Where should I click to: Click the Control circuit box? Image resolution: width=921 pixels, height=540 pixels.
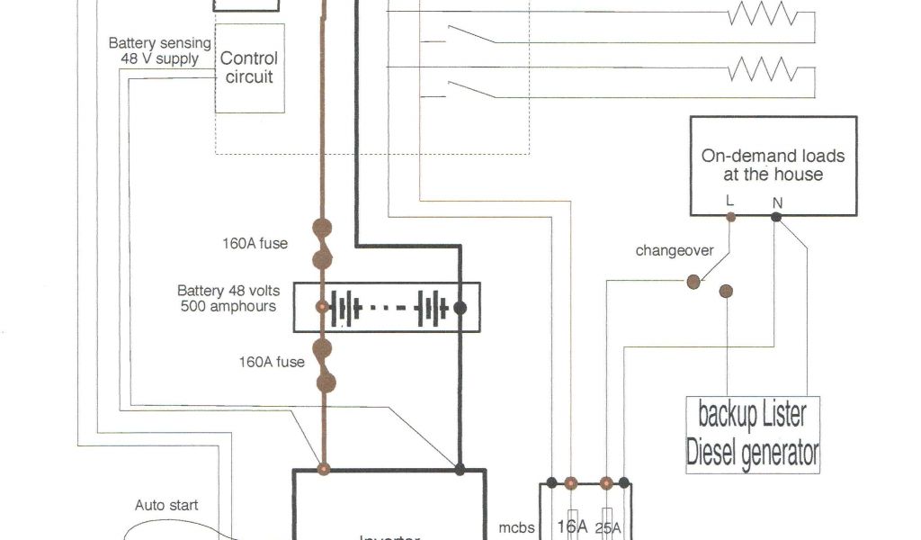249,68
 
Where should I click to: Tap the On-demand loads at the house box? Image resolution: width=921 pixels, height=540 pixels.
773,166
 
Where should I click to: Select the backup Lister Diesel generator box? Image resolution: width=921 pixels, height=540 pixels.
753,434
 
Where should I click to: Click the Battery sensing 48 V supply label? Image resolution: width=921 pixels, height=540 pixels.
159,50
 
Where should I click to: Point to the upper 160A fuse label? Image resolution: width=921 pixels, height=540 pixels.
255,242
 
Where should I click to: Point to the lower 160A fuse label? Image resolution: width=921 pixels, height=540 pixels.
271,363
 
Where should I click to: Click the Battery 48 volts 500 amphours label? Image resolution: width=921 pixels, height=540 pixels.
228,298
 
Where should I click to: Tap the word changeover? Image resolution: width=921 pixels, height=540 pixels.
674,250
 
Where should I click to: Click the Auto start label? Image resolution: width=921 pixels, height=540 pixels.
166,505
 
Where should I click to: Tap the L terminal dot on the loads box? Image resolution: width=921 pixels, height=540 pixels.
730,216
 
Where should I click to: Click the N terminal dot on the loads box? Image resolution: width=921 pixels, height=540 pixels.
776,216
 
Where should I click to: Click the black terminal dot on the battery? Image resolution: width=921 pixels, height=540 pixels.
460,307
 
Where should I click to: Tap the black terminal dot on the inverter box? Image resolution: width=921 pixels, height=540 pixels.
460,469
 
